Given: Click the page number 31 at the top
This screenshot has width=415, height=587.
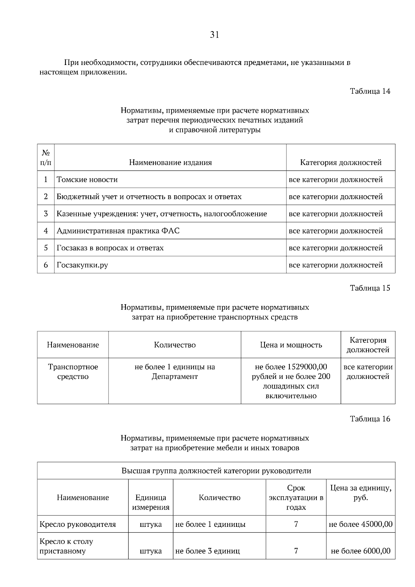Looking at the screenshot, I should (214, 35).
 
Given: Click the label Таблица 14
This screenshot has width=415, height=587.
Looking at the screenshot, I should (370, 91).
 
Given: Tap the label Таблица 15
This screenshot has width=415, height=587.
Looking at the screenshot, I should (370, 288).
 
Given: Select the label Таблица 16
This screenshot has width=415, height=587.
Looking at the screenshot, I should (370, 419).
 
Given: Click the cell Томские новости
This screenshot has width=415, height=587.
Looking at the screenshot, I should (87, 180).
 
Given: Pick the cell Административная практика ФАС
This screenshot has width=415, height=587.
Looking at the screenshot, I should (118, 231).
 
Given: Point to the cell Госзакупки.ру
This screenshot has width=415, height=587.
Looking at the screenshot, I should (82, 265).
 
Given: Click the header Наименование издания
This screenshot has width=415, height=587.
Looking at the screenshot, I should (170, 162).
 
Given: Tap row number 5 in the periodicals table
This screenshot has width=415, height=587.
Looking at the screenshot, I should (46, 248).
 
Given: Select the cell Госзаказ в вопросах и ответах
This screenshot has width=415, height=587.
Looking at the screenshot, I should (110, 248).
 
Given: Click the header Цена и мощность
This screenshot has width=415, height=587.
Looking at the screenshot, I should (291, 345).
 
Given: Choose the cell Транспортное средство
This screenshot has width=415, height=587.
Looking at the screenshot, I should (73, 372).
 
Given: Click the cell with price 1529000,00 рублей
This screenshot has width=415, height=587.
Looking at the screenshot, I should (291, 381).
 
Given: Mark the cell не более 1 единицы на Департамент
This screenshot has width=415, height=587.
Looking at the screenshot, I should (175, 372).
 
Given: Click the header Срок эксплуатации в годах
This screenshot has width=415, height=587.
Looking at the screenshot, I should (296, 497).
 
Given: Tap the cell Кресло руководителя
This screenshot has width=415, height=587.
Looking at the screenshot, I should (78, 524).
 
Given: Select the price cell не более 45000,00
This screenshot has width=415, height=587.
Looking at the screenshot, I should (360, 524).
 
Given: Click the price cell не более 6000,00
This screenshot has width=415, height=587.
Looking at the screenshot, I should (360, 551).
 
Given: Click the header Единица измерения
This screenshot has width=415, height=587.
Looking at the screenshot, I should (151, 502).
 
